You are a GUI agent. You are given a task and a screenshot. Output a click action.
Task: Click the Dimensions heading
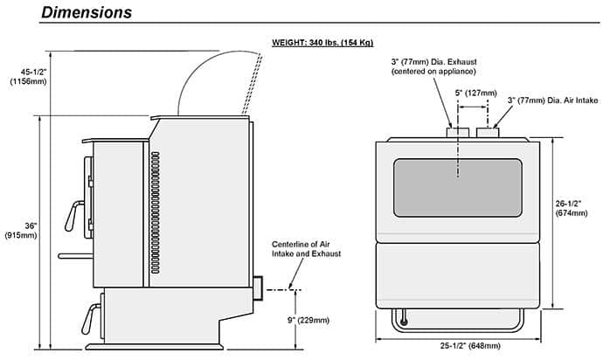coord(87,12)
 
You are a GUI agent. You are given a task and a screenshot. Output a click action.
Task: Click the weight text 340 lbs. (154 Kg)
coord(341,42)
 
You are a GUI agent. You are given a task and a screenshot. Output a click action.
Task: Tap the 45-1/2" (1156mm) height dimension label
coord(29,77)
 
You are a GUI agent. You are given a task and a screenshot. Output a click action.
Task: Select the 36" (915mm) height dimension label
coord(21,231)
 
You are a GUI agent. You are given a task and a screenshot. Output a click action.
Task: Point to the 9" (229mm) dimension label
coord(308,320)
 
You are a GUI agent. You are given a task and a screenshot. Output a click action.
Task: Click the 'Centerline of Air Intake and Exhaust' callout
coord(306,249)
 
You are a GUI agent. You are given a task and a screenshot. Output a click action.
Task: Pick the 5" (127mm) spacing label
coord(475,93)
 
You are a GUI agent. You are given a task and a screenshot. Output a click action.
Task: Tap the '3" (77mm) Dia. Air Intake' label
coord(552,100)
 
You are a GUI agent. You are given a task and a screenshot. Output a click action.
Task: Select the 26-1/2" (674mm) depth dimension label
coord(571,208)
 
